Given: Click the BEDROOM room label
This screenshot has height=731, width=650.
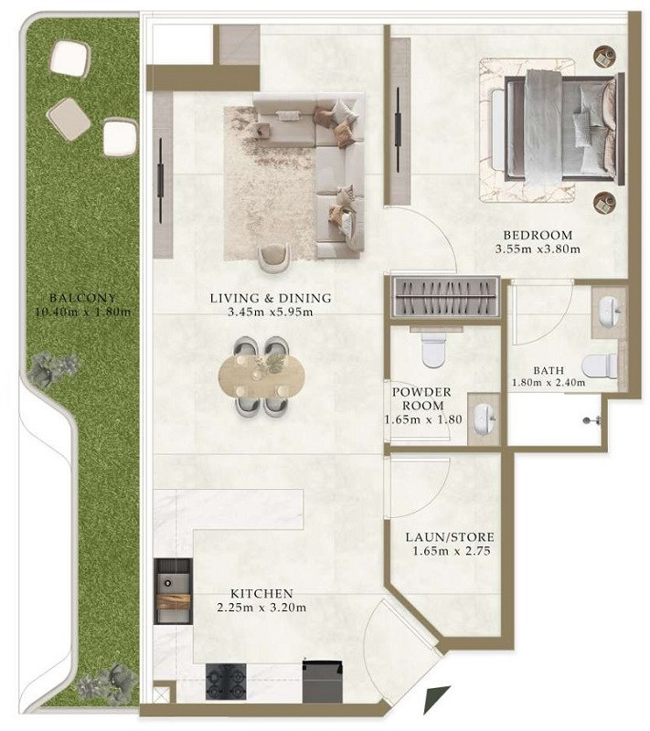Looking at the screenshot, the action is click(538, 235).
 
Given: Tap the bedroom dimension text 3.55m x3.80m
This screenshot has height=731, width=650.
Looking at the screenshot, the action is click(538, 249).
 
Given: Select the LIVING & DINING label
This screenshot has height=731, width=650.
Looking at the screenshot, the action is click(271, 298).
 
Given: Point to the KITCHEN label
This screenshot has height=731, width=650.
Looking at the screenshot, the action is click(261, 594).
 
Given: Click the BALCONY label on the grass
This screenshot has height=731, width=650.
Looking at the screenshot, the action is click(82, 298).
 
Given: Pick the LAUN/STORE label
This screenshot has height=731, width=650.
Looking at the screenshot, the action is click(450, 537).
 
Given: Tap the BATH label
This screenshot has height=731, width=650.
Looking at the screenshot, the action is click(549, 371).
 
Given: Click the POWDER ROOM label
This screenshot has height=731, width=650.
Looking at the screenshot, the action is click(423, 398).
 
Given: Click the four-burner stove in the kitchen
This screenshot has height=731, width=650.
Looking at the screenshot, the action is click(226, 682).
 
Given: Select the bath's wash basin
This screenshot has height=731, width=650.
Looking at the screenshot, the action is click(610, 308).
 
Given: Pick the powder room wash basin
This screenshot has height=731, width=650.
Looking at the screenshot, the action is click(485, 418).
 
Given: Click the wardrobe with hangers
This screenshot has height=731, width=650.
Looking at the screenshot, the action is click(445, 296).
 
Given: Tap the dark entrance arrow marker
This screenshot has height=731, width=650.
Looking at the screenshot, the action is click(436, 699).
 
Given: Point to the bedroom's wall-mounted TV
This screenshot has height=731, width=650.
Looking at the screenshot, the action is click(398, 130).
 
